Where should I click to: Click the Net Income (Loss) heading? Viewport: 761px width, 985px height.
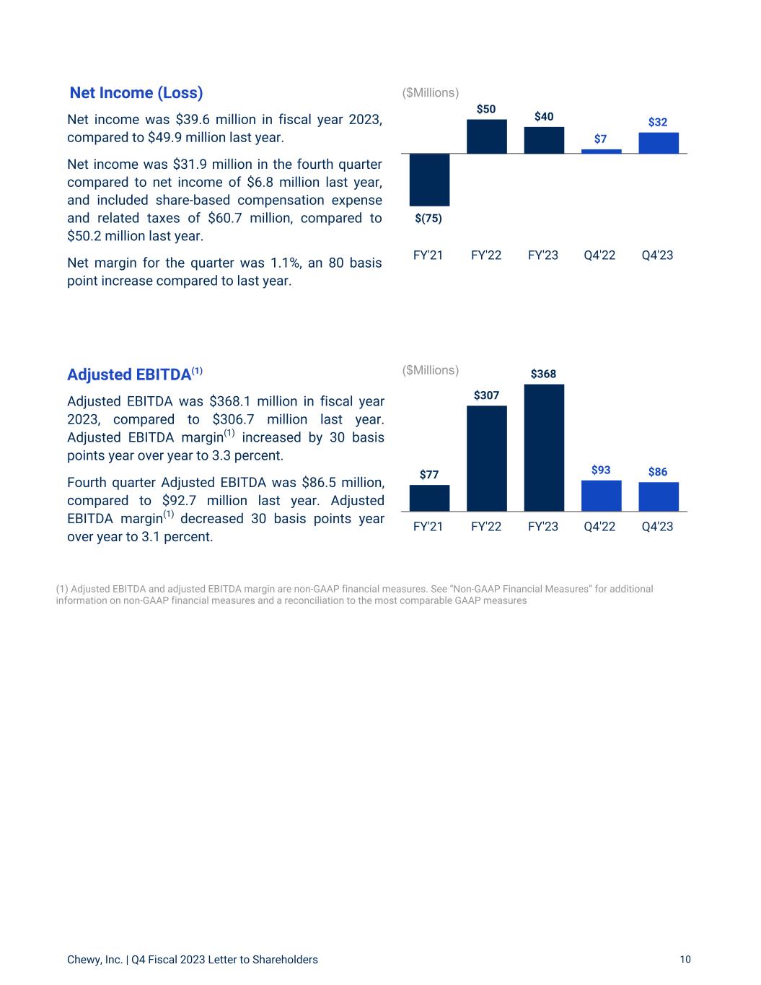point(136,93)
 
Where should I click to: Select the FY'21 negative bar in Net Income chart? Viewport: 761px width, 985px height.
point(429,180)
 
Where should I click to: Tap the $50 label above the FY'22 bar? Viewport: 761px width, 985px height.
point(486,109)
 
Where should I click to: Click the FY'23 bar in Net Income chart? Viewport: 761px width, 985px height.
point(544,140)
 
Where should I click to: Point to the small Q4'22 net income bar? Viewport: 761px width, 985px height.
point(601,151)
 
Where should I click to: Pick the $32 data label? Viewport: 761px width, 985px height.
point(658,123)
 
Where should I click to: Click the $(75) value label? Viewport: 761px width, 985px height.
point(428,219)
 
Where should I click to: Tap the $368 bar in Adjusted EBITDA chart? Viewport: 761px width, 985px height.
point(544,447)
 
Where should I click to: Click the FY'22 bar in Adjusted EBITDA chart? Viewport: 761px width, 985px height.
point(486,458)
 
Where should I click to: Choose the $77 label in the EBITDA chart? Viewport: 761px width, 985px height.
point(429,475)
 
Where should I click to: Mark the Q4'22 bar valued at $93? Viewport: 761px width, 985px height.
point(601,496)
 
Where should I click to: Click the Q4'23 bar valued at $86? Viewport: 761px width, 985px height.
point(658,496)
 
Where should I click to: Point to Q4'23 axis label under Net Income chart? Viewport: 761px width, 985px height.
point(657,255)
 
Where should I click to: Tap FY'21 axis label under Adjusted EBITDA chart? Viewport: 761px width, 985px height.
point(428,527)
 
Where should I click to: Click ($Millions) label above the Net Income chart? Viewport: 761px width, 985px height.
point(431,93)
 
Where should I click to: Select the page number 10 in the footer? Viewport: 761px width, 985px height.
point(685,959)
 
